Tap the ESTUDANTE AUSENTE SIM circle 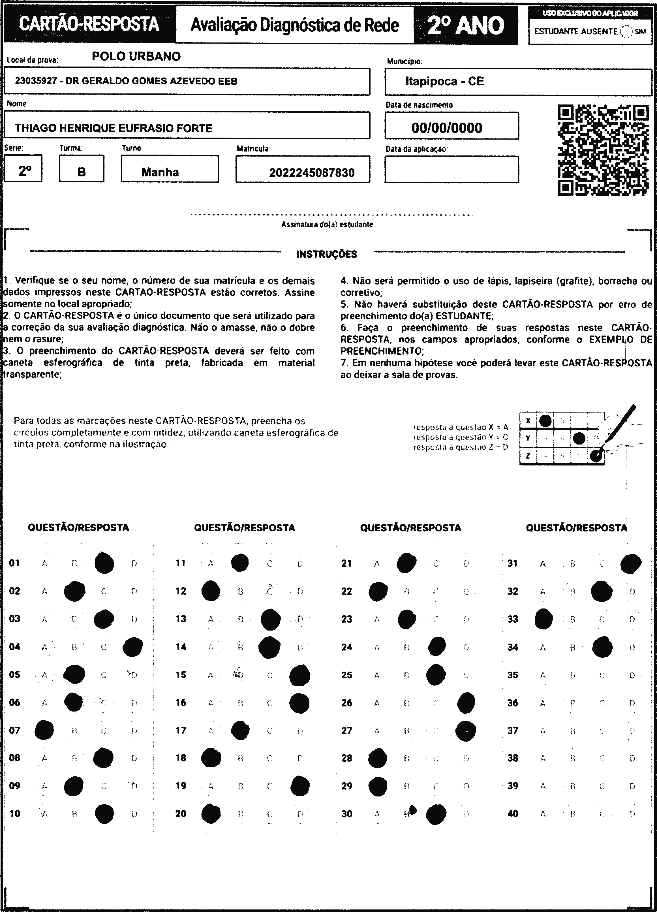click(x=626, y=31)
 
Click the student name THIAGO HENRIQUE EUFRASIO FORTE click(x=114, y=128)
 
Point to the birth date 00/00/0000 click(x=446, y=128)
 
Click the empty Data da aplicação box click(x=451, y=169)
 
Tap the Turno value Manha click(x=160, y=172)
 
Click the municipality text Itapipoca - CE click(x=444, y=82)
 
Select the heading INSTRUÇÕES click(x=326, y=254)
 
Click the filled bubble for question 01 click(x=104, y=563)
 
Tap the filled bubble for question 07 click(x=44, y=730)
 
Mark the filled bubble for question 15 click(x=299, y=675)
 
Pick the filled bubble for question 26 click(x=466, y=702)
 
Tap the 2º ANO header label click(x=465, y=25)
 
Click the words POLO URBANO click(x=136, y=56)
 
